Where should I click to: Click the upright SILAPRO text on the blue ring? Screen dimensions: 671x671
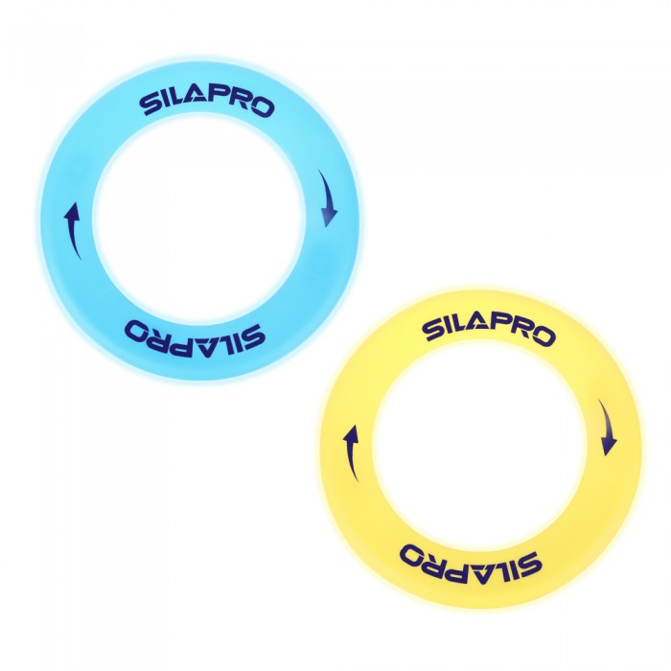[x=208, y=104]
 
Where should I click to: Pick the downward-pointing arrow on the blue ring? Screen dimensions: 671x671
[x=328, y=197]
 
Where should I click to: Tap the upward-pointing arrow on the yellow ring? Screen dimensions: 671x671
[x=351, y=452]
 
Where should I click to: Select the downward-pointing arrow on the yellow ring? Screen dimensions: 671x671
[x=607, y=428]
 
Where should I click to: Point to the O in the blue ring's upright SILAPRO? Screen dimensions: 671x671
[x=262, y=107]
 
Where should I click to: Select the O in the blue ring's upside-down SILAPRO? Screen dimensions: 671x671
[x=137, y=331]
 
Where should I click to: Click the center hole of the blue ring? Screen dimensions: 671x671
[x=199, y=219]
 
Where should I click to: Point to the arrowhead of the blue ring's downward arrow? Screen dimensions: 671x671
[x=329, y=219]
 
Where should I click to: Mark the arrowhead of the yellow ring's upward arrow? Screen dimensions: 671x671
[x=352, y=433]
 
